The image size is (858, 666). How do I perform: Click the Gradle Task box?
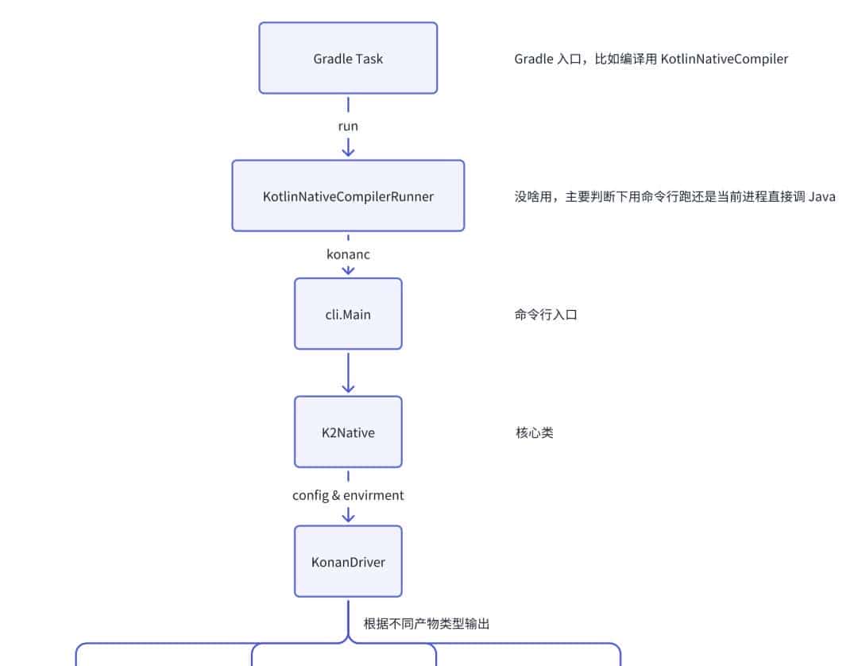348,58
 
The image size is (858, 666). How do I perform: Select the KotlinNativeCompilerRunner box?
348,196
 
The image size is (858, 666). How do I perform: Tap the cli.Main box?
348,314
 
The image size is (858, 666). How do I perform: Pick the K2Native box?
348,432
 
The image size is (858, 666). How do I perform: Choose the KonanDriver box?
348,562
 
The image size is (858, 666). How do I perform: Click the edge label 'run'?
348,126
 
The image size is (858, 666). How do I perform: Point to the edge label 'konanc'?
348,254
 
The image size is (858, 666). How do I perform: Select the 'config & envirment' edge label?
348,495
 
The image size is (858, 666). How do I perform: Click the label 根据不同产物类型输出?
427,623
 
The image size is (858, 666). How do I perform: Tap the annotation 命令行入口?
546,315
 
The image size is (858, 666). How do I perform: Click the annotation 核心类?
534,433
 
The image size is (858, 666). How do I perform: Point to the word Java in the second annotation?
821,197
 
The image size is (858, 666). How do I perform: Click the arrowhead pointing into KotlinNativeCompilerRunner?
348,151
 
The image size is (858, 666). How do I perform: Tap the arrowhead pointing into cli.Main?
348,270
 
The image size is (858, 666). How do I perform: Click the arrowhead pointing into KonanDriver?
348,517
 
